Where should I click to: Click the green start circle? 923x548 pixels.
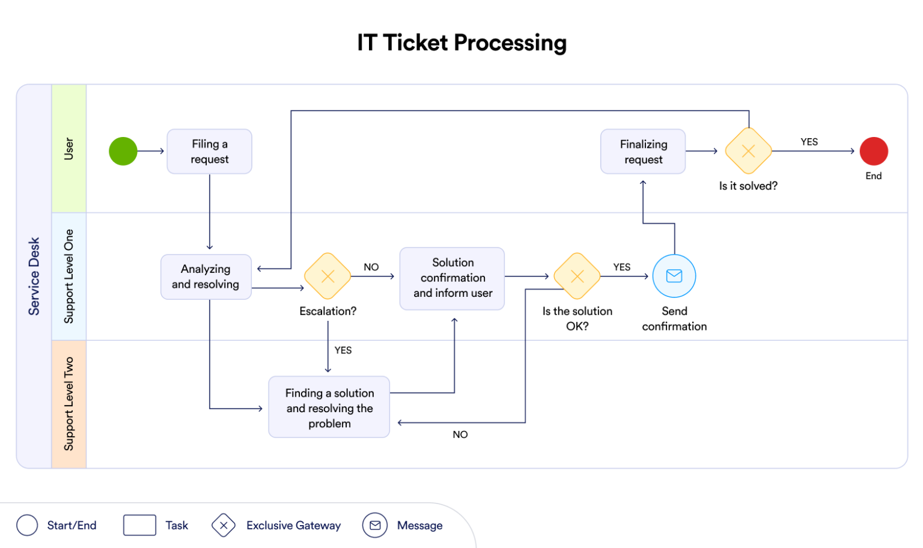(x=123, y=151)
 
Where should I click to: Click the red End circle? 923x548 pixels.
(x=874, y=151)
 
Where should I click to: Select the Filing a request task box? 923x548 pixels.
(x=209, y=151)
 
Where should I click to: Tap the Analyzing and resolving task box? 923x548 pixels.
(x=206, y=277)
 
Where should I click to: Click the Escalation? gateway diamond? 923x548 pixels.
(x=327, y=276)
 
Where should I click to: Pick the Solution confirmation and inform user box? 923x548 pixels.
(x=452, y=278)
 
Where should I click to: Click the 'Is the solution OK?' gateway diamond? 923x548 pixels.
(x=577, y=276)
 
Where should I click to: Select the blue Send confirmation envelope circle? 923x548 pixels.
(x=674, y=276)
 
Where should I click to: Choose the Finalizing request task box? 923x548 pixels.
(x=643, y=152)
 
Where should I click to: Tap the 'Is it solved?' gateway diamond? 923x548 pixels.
(x=748, y=151)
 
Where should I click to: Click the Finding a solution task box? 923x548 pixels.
(x=329, y=408)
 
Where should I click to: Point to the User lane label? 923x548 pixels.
(x=69, y=148)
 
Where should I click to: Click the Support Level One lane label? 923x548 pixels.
(x=69, y=276)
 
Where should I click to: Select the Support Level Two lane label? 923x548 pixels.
(x=69, y=404)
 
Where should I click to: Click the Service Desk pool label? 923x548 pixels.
(x=34, y=276)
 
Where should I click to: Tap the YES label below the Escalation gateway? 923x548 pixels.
(x=343, y=350)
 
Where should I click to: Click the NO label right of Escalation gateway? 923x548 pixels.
(x=371, y=267)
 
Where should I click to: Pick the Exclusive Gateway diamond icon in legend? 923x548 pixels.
(x=224, y=526)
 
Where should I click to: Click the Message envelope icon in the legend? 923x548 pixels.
(x=375, y=526)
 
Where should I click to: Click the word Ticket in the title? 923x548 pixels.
(x=415, y=43)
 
